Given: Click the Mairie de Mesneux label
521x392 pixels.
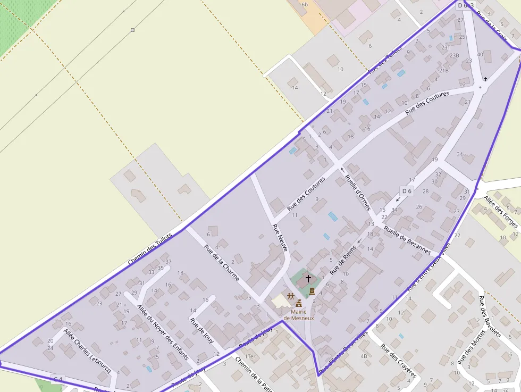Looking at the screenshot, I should pyautogui.click(x=299, y=314).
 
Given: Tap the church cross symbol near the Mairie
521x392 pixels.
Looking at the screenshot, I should pyautogui.click(x=308, y=278).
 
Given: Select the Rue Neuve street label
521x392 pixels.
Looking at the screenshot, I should pyautogui.click(x=280, y=238).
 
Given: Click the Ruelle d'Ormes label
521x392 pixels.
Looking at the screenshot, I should pyautogui.click(x=357, y=192).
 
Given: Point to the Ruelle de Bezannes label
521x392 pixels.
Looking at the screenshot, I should pyautogui.click(x=407, y=239).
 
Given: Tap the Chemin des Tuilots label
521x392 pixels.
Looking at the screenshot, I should pyautogui.click(x=150, y=249).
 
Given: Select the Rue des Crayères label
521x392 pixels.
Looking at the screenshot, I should pyautogui.click(x=399, y=361).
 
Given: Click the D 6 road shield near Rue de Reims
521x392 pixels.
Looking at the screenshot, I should pyautogui.click(x=407, y=191).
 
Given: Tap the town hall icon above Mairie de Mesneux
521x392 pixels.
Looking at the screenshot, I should pyautogui.click(x=299, y=304).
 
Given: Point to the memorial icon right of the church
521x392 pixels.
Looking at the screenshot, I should pyautogui.click(x=312, y=291).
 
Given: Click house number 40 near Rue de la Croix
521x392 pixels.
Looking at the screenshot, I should pyautogui.click(x=480, y=54).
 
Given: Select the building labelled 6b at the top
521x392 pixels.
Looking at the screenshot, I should pyautogui.click(x=305, y=5).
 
